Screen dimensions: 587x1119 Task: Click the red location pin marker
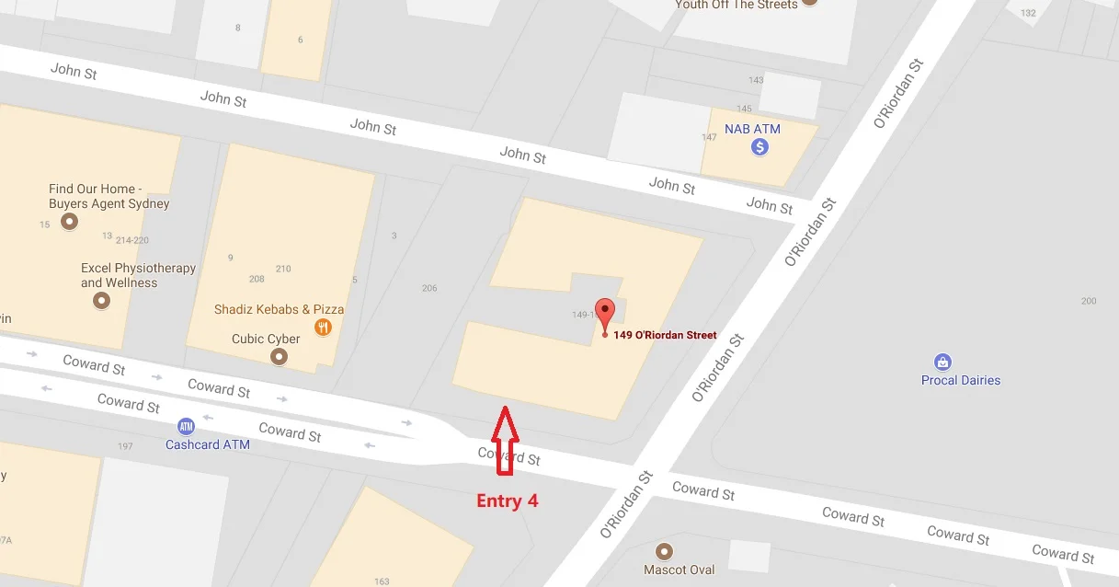coord(604,313)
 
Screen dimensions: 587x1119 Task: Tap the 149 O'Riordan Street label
coord(665,335)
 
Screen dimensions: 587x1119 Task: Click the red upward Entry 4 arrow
coord(503,441)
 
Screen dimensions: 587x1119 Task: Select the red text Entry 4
coord(507,501)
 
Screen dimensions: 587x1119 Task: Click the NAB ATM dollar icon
coord(759,147)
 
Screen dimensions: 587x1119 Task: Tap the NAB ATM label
coord(752,129)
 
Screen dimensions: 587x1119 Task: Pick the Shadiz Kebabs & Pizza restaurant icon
coord(323,327)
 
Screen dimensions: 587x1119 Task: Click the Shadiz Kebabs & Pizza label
coord(279,309)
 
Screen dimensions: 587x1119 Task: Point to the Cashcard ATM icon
coord(187,427)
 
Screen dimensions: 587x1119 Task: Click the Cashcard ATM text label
coord(208,445)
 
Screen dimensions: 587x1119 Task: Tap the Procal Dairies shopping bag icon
coord(942,363)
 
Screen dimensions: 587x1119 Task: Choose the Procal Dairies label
coord(961,380)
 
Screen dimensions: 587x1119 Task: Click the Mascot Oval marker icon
coord(665,551)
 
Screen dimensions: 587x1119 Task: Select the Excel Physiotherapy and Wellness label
coord(138,275)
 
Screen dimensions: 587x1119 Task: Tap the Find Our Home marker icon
coord(68,222)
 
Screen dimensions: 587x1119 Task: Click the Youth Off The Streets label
coord(736,5)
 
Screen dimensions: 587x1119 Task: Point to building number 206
coord(429,288)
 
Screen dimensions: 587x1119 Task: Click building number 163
coord(382,581)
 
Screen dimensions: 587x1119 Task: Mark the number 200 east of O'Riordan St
coord(1089,301)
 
